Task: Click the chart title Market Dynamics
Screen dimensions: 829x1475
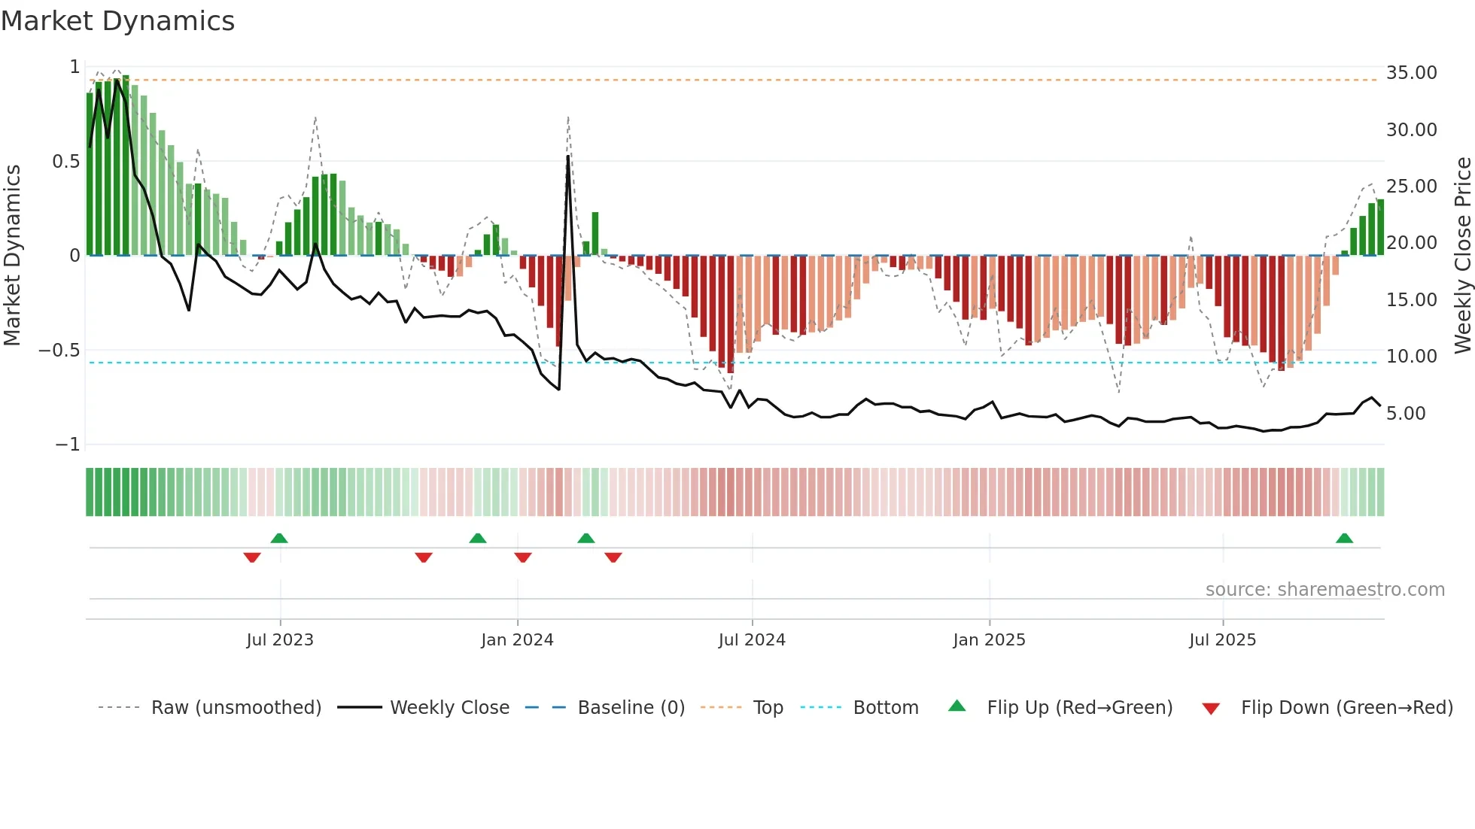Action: tap(117, 21)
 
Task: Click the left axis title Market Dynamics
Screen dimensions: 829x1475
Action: tap(13, 255)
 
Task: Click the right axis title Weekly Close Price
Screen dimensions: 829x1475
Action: tap(1462, 255)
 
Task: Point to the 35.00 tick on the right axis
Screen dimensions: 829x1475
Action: tap(1411, 73)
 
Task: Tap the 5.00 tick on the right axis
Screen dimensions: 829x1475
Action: tap(1405, 414)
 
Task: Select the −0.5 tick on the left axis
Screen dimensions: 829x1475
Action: tap(59, 351)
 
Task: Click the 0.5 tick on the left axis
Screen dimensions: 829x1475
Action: tap(65, 162)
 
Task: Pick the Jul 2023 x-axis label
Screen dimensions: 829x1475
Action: tap(280, 640)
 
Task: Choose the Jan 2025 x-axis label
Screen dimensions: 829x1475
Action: tap(989, 640)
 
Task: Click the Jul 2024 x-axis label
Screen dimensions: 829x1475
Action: tap(752, 640)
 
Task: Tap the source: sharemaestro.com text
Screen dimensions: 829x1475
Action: tap(1324, 590)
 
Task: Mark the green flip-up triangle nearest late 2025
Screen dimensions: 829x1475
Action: tap(1344, 538)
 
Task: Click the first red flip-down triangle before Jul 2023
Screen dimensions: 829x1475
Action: tap(252, 557)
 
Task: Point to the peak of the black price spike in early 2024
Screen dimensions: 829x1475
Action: tap(568, 156)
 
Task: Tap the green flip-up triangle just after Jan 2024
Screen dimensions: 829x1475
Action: tap(586, 538)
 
